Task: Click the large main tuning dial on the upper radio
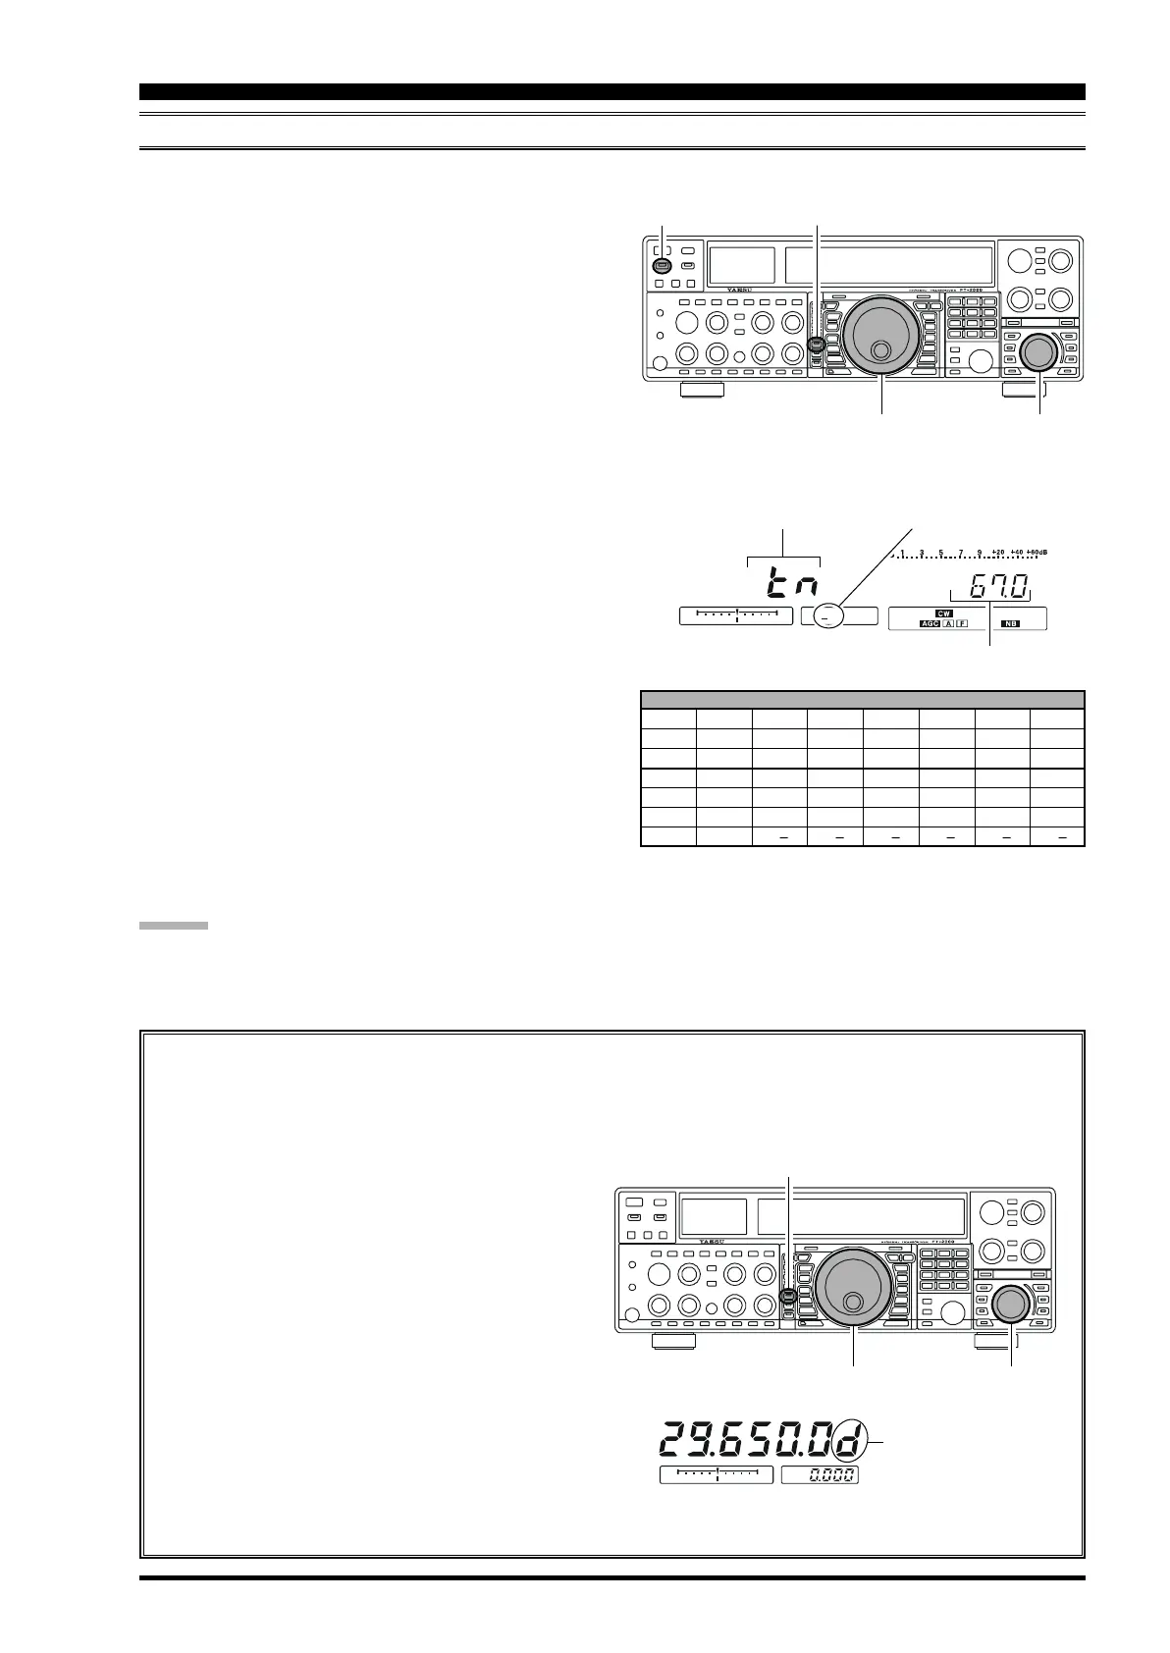(881, 336)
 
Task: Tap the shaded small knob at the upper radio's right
(1038, 353)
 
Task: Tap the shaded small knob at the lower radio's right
(1010, 1305)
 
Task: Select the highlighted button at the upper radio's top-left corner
(662, 266)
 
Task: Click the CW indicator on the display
(944, 613)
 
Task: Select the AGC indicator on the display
(928, 624)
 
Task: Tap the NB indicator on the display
(1010, 624)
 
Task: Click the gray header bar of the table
(862, 700)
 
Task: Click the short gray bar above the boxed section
(173, 925)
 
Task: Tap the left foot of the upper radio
(701, 390)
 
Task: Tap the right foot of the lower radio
(996, 1341)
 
